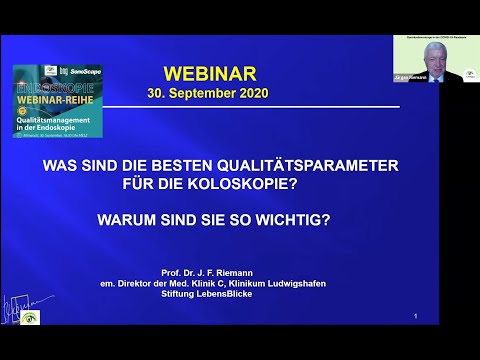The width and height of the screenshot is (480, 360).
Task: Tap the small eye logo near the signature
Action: coord(39,317)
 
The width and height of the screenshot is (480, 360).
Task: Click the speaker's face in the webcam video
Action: coord(434,54)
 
